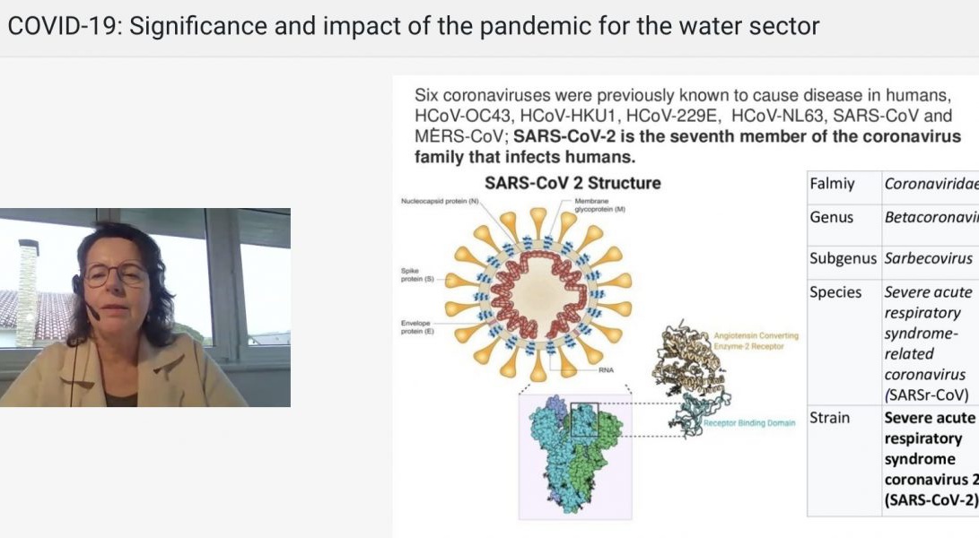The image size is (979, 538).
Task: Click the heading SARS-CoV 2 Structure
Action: (x=573, y=183)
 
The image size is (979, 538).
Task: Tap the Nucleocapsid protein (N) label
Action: (x=440, y=202)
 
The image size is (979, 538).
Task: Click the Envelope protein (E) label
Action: (x=417, y=326)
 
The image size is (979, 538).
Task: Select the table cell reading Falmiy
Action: (x=832, y=185)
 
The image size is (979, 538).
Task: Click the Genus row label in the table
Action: (x=831, y=218)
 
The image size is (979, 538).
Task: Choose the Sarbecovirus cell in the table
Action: (x=928, y=258)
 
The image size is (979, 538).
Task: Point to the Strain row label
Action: (x=830, y=418)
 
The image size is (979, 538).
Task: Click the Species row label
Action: (x=835, y=292)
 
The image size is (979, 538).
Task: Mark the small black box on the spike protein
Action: (x=583, y=419)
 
